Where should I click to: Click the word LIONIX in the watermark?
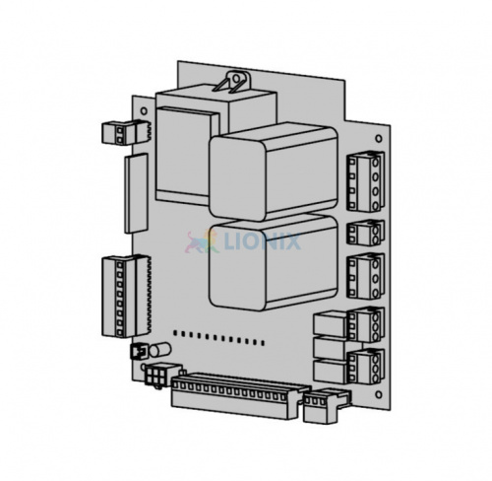(262, 241)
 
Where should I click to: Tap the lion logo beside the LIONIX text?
(203, 241)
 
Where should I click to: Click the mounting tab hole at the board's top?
(236, 78)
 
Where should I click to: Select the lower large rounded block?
(274, 263)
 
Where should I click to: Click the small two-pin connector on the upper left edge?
(126, 132)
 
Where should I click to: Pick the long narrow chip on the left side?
(136, 193)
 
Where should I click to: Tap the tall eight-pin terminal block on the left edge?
(126, 297)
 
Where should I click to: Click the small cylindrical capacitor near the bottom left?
(160, 350)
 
